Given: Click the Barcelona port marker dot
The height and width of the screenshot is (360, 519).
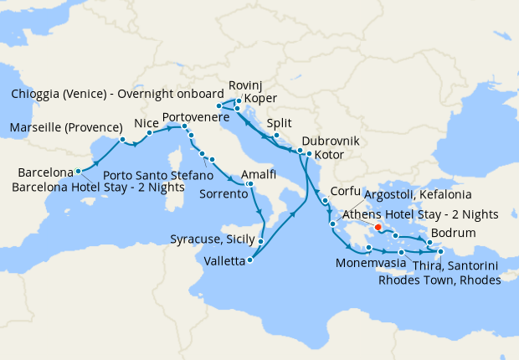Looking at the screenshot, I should pos(79,171).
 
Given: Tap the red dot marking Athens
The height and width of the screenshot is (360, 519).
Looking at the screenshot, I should pos(378,226).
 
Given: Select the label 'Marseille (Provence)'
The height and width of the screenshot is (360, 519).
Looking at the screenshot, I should pos(61,128).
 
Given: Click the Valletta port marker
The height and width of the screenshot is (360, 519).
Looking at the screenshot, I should pos(250,260).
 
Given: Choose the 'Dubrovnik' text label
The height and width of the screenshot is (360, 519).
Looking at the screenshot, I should pos(330,141).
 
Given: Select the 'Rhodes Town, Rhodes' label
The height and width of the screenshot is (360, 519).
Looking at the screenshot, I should pos(439,280).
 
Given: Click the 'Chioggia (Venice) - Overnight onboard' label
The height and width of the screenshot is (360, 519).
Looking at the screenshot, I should pos(109,94).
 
